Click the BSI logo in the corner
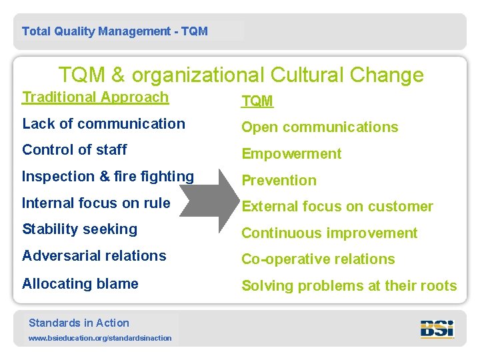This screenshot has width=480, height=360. pyautogui.click(x=437, y=329)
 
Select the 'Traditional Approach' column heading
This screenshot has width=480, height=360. pyautogui.click(x=95, y=97)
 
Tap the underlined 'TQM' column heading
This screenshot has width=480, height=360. pyautogui.click(x=257, y=101)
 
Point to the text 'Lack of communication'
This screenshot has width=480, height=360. pyautogui.click(x=103, y=124)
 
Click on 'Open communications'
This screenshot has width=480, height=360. pyautogui.click(x=319, y=127)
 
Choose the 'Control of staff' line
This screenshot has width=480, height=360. pyautogui.click(x=75, y=150)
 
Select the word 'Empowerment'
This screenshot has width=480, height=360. pyautogui.click(x=291, y=154)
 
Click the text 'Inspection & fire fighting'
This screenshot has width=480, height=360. pyautogui.click(x=108, y=177)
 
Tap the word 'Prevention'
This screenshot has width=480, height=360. pyautogui.click(x=279, y=181)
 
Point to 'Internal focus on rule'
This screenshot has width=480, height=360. pyautogui.click(x=96, y=203)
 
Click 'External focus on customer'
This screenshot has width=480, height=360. pyautogui.click(x=337, y=207)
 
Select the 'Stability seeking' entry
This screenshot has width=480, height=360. pyautogui.click(x=79, y=229)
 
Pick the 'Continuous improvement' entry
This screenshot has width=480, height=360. pyautogui.click(x=329, y=233)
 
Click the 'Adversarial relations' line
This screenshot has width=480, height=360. pyautogui.click(x=94, y=256)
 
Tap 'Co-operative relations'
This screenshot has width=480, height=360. pyautogui.click(x=318, y=259)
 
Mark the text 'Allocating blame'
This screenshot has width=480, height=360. pyautogui.click(x=80, y=284)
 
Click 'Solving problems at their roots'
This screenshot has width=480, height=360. pyautogui.click(x=349, y=286)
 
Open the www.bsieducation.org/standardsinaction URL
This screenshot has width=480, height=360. pyautogui.click(x=100, y=338)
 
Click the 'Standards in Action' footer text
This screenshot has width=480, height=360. pyautogui.click(x=79, y=323)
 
